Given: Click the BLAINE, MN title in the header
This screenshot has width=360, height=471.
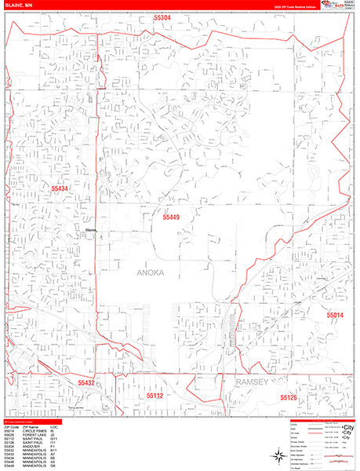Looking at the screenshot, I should pyautogui.click(x=19, y=5).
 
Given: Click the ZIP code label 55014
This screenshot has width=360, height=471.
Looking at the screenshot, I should pyautogui.click(x=336, y=315).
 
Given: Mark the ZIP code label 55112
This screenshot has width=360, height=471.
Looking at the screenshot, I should pyautogui.click(x=156, y=396).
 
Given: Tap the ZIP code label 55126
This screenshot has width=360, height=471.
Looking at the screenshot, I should pyautogui.click(x=289, y=398).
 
